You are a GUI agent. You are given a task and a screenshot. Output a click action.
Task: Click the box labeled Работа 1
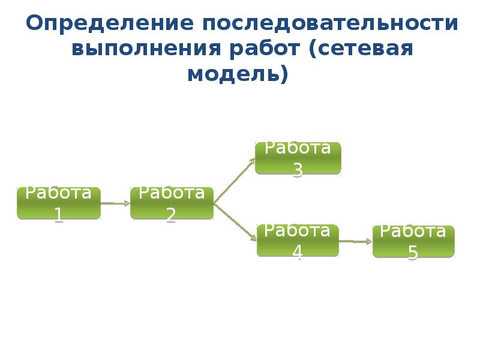[59, 203]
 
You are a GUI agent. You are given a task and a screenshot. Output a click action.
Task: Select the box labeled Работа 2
[172, 203]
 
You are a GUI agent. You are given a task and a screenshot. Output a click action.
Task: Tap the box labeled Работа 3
[298, 158]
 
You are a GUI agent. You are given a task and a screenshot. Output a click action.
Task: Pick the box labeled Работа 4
[298, 240]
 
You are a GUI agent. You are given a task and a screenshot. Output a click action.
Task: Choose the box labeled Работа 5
[413, 241]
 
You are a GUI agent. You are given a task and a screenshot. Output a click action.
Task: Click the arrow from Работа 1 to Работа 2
[115, 203]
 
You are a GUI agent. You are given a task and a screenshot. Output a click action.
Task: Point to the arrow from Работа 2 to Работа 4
[235, 222]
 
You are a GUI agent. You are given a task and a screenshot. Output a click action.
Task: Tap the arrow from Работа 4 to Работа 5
[355, 241]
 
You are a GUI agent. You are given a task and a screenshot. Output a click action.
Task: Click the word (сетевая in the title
[361, 49]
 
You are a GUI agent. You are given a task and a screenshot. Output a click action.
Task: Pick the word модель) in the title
[238, 74]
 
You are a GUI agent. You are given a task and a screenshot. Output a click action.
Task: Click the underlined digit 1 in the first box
[59, 214]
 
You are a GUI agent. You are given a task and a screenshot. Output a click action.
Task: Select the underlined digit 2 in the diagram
[171, 214]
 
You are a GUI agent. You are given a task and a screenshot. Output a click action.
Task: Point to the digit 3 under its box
[298, 170]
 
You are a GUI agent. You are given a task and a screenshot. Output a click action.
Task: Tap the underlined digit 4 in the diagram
[297, 252]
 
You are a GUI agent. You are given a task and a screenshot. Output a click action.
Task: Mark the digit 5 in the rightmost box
[413, 253]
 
